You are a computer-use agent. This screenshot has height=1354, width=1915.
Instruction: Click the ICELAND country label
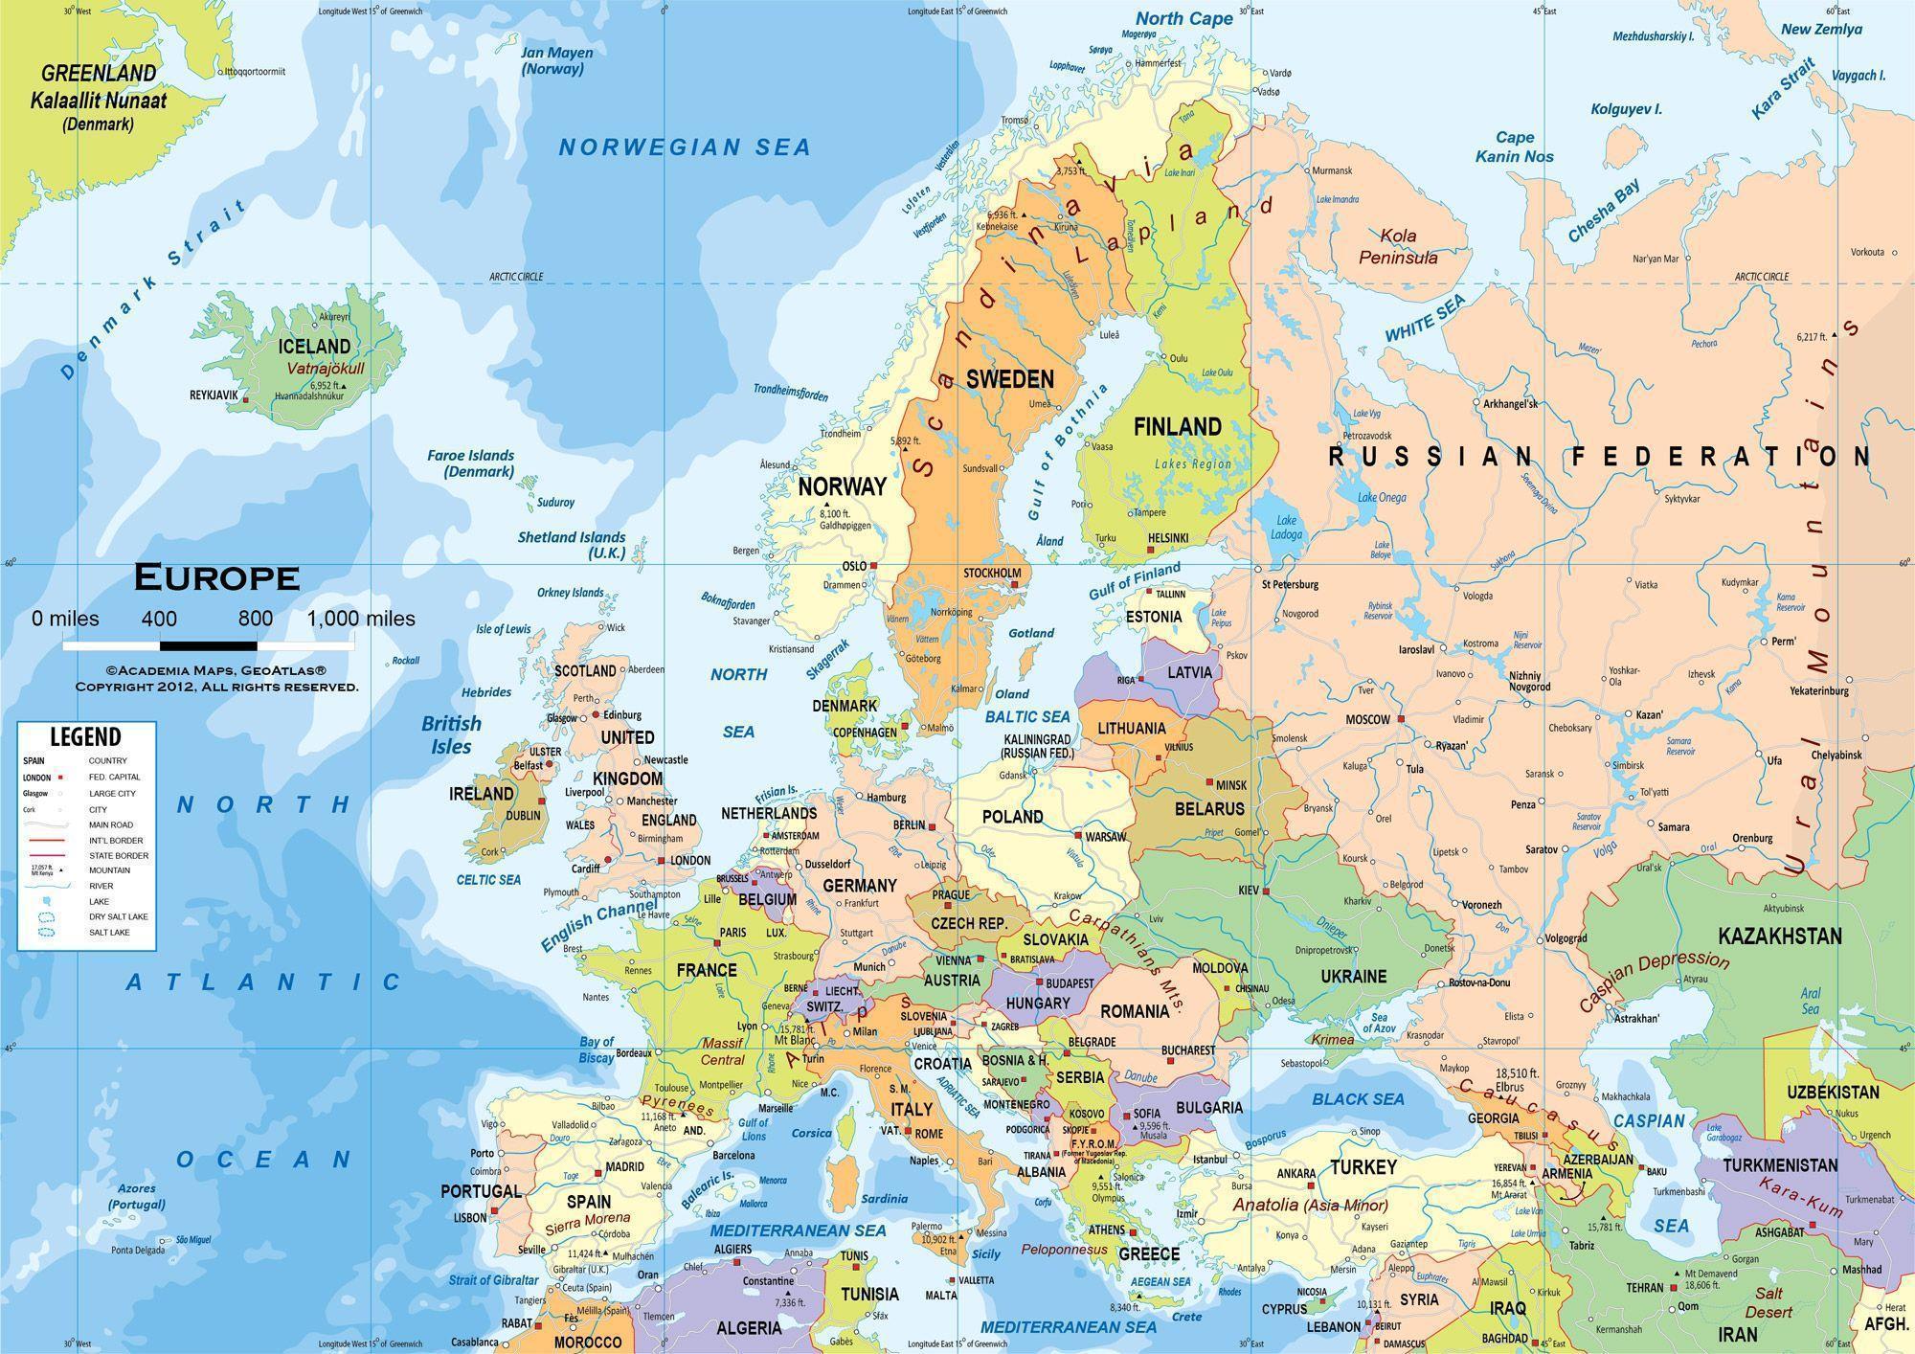point(313,346)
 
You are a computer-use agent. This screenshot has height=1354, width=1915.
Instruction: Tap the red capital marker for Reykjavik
point(247,399)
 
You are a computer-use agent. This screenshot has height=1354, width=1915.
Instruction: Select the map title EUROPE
point(216,577)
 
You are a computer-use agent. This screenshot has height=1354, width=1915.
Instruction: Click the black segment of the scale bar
point(208,646)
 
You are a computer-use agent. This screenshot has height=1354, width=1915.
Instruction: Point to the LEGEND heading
point(85,736)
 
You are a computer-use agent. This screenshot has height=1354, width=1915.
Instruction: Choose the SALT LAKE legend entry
point(108,932)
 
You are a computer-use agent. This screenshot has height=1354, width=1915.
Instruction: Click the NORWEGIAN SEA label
point(685,147)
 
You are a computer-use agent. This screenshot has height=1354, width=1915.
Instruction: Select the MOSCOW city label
point(1367,719)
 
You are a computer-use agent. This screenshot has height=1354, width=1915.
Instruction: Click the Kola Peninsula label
point(1398,246)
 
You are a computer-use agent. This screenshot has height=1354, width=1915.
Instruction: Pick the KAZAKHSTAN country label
point(1779,936)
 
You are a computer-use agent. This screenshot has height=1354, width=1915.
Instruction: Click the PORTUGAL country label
point(481,1191)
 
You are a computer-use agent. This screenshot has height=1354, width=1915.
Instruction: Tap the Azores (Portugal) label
point(136,1196)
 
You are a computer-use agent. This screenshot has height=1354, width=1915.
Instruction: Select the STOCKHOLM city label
point(992,573)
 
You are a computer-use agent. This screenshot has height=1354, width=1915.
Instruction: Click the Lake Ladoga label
point(1286,527)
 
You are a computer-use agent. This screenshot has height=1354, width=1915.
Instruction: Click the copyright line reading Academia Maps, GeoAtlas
point(216,672)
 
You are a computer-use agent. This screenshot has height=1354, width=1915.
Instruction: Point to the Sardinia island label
point(883,1198)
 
